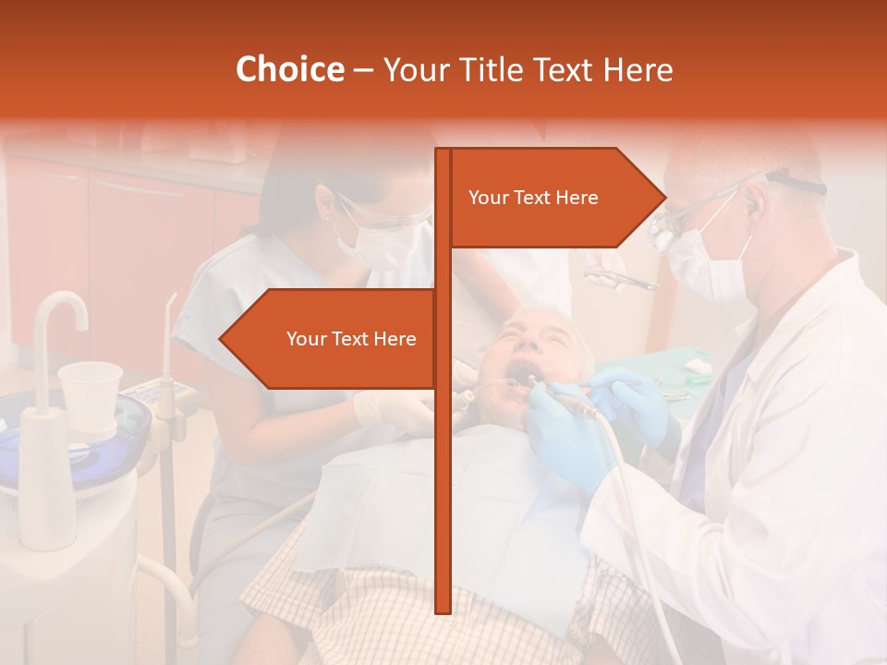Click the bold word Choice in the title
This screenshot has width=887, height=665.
click(289, 69)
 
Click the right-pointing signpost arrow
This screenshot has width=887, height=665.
click(554, 198)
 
